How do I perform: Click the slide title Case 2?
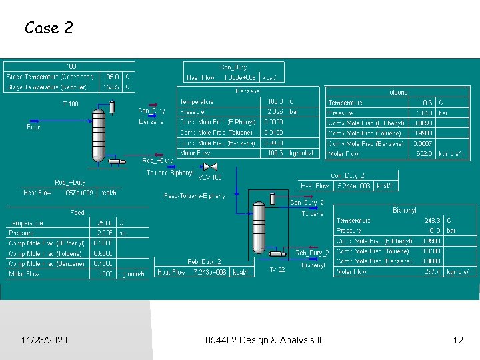point(49,28)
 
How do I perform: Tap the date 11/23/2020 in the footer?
point(44,340)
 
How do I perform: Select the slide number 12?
point(457,340)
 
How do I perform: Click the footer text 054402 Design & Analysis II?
point(263,340)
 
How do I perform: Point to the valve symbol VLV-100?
point(211,167)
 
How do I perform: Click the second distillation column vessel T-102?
point(259,227)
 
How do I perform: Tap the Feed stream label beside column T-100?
point(33,127)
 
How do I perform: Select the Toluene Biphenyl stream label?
point(170,173)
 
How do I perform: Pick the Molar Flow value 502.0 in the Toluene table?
point(424,154)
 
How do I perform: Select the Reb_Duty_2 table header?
point(204,262)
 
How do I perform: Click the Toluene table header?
point(397,93)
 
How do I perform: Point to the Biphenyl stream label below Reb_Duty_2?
point(313,265)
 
